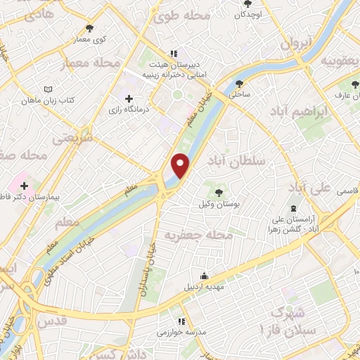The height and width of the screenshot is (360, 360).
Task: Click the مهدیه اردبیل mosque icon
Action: tap(204, 275)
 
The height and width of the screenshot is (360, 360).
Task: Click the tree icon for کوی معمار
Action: tap(89, 29)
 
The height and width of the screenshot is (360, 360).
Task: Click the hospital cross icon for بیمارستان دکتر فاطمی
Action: tap(25, 185)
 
